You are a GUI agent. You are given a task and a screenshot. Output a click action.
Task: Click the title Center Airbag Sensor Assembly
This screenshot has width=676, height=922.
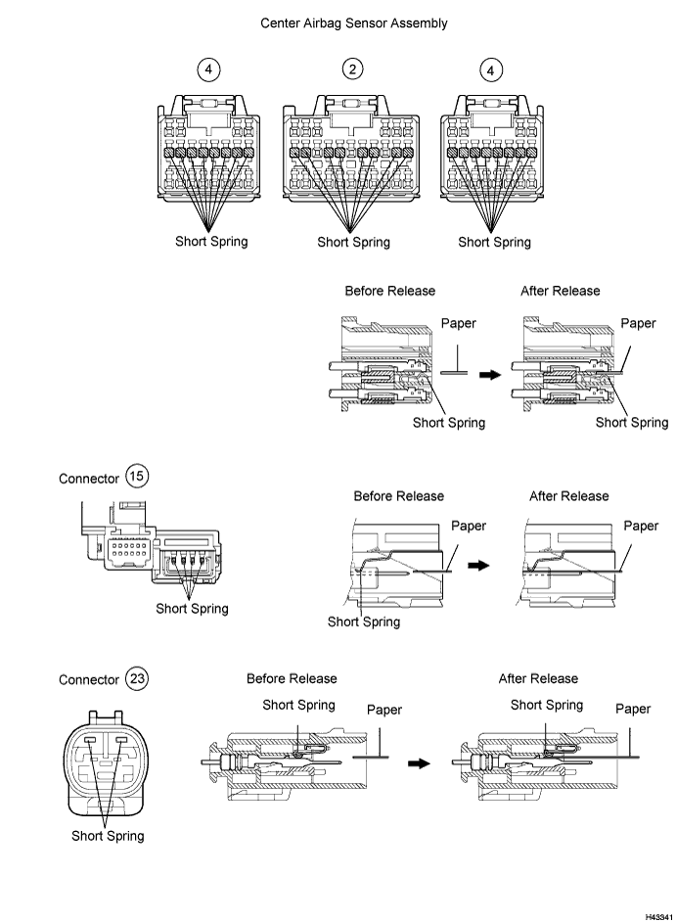click(353, 23)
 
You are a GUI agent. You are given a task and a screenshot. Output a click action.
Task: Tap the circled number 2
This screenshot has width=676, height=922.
click(353, 69)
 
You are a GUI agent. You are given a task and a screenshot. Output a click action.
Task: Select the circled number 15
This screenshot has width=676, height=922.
click(137, 478)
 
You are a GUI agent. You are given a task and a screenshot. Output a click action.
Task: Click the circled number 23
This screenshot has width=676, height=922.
click(137, 679)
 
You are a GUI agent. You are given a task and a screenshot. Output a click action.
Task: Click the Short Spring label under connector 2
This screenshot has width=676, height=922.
click(353, 243)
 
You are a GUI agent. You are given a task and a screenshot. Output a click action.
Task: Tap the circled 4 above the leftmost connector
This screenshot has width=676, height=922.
click(210, 69)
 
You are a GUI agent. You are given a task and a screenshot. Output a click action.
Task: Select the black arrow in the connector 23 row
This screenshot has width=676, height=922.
click(419, 763)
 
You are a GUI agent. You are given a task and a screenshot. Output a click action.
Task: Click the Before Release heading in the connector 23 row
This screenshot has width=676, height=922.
click(292, 678)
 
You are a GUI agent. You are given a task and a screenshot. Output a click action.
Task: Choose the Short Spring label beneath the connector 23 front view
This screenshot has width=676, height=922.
click(108, 836)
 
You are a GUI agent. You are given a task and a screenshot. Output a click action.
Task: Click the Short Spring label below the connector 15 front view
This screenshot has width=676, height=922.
click(192, 609)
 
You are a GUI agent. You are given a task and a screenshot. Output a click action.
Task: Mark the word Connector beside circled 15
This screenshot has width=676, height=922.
click(89, 479)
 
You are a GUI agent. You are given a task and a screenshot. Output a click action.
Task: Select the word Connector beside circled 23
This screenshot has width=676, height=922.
click(89, 680)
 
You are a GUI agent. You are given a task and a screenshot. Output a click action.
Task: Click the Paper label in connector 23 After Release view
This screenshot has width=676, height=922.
click(633, 709)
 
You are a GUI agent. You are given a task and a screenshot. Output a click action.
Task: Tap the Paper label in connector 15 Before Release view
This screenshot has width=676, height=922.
click(469, 526)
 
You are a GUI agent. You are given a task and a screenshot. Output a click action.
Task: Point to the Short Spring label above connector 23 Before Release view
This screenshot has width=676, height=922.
click(298, 705)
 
